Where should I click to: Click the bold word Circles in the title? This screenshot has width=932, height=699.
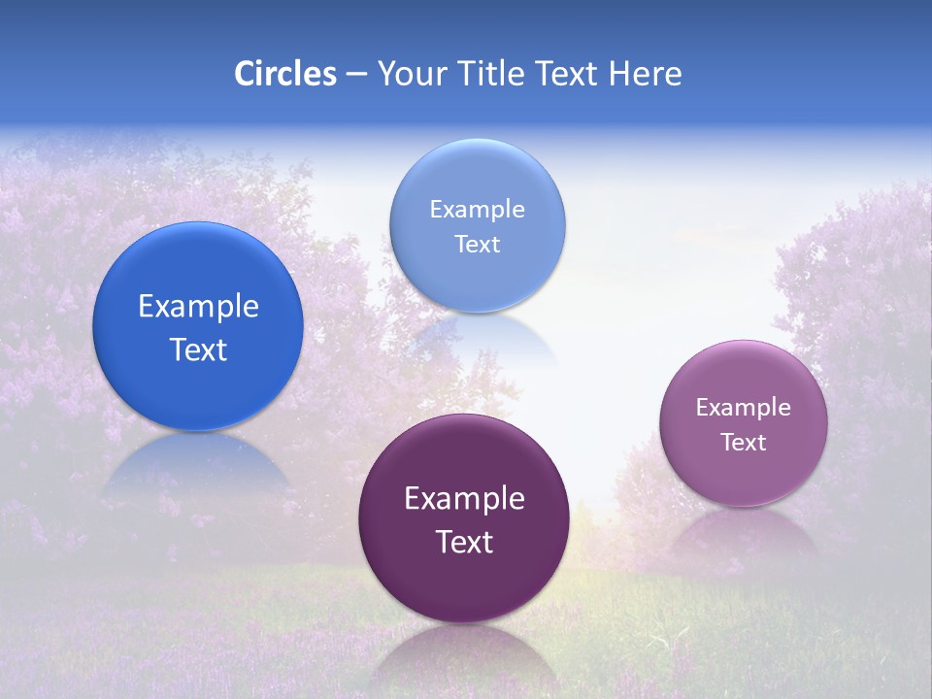pyautogui.click(x=284, y=74)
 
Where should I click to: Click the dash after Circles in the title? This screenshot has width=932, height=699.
pyautogui.click(x=356, y=75)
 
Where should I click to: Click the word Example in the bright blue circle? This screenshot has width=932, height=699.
pyautogui.click(x=198, y=307)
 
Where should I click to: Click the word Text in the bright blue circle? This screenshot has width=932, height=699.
pyautogui.click(x=198, y=349)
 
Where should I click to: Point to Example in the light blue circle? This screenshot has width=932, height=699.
pyautogui.click(x=477, y=210)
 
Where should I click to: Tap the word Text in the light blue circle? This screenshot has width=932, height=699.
pyautogui.click(x=477, y=244)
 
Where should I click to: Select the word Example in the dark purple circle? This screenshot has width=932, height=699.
pyautogui.click(x=464, y=499)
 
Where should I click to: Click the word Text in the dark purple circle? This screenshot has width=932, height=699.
pyautogui.click(x=464, y=542)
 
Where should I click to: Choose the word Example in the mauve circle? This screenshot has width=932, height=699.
pyautogui.click(x=744, y=408)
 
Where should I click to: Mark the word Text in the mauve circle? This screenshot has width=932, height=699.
pyautogui.click(x=744, y=443)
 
